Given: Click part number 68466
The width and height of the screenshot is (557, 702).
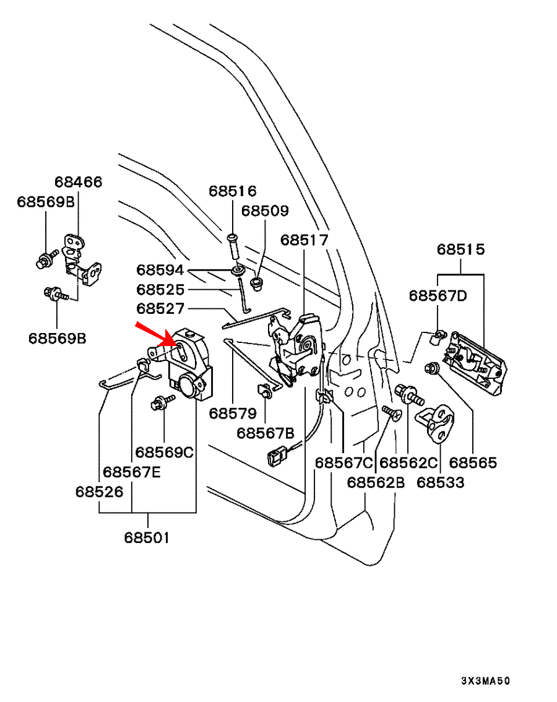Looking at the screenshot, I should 79,182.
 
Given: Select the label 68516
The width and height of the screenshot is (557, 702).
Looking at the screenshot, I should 232,191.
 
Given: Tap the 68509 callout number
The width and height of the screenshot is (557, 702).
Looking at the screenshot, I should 265,210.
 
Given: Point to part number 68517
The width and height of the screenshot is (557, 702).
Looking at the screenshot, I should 304,240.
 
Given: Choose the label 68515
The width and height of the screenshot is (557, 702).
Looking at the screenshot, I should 460,249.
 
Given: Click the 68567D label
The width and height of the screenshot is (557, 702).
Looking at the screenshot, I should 438,295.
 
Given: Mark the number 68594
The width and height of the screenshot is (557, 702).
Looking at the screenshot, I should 160,271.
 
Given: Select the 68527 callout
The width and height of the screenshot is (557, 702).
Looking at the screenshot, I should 160,308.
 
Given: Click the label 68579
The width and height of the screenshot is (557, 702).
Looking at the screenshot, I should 232,412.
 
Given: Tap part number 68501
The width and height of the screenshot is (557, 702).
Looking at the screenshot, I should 147,537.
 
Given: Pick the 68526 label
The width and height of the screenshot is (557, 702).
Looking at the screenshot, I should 99,492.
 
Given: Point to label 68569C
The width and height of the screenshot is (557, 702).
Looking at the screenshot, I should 165,453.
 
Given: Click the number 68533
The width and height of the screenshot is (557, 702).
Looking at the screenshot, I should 440,482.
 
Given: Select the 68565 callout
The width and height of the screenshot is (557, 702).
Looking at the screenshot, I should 473,462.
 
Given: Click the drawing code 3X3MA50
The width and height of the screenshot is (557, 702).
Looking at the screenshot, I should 485,680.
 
